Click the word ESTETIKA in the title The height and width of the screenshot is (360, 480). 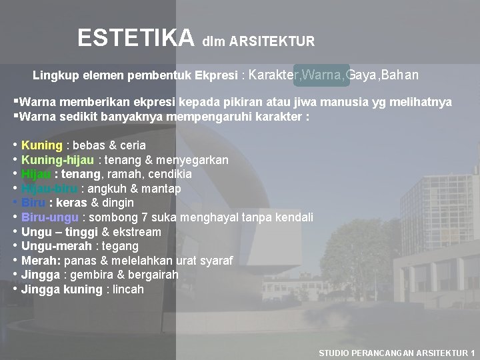[x=135, y=38]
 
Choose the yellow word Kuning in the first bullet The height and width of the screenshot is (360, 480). [x=42, y=145]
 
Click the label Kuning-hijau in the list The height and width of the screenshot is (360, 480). [x=59, y=160]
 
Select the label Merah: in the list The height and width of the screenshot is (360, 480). [x=43, y=261]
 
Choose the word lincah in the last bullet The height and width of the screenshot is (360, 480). [x=127, y=289]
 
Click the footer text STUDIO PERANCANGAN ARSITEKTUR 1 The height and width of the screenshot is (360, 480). [x=397, y=353]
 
